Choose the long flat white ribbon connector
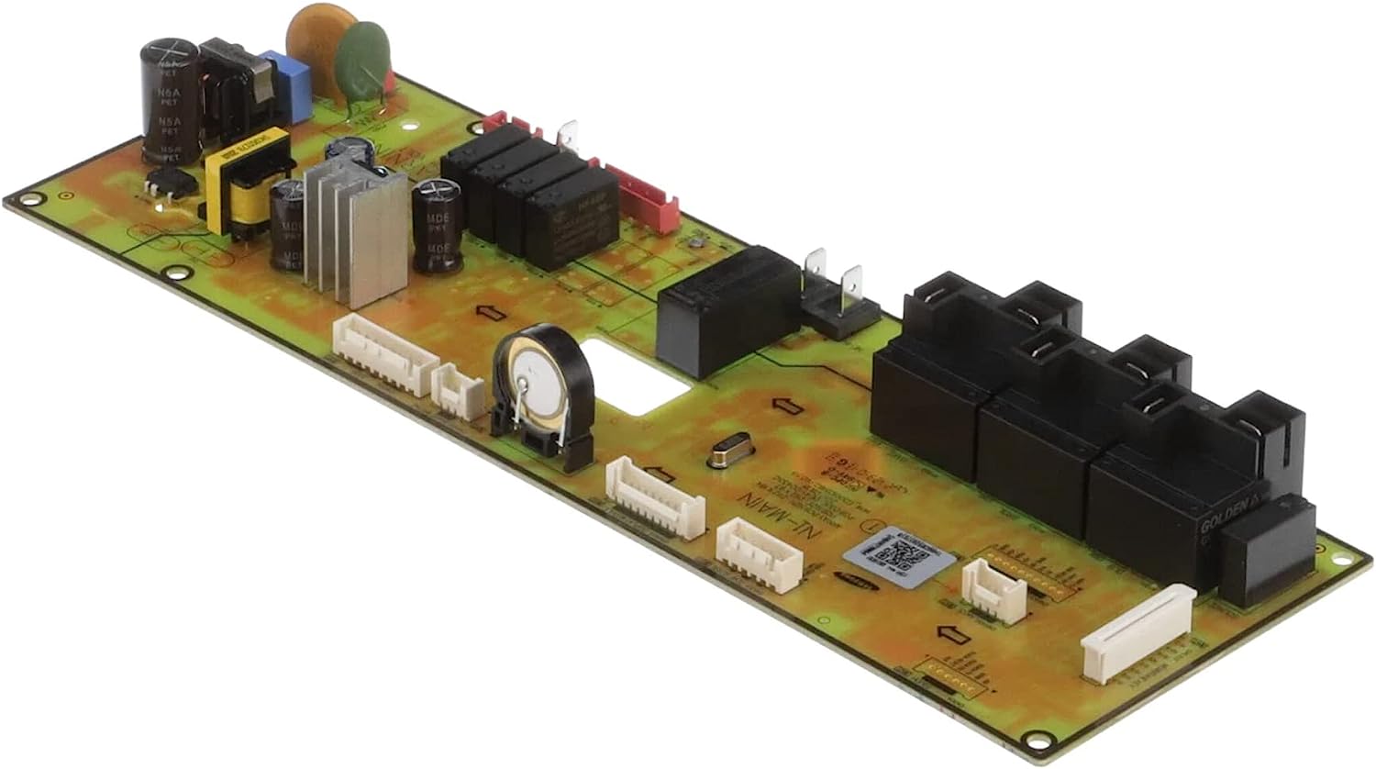coord(1138,634)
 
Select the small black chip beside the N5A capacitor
coord(172,182)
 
